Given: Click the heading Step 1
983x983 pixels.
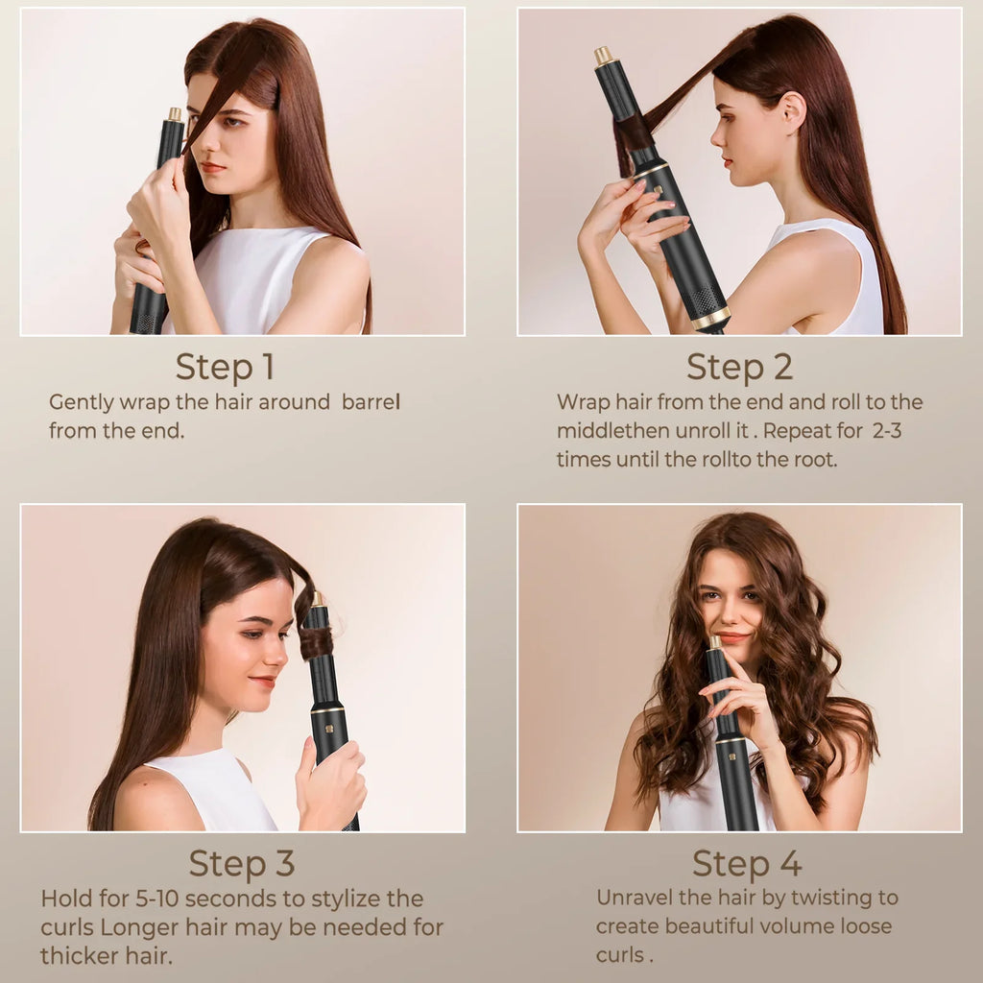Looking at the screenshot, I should coord(225,367).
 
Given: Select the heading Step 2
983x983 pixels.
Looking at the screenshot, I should coord(739,367).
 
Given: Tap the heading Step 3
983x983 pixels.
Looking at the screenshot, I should coord(241,863).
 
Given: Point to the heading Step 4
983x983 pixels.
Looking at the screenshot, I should coord(747,863).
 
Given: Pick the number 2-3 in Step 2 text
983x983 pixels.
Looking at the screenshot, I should coord(887,431).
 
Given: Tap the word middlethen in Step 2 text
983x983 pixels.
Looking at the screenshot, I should coord(608,431).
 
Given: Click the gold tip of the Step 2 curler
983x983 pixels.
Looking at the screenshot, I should coord(603,56).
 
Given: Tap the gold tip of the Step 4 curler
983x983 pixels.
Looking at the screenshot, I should coord(715,641).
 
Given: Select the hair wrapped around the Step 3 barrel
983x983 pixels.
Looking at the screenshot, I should coord(317,641).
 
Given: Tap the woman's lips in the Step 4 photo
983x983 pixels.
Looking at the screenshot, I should coord(732,637).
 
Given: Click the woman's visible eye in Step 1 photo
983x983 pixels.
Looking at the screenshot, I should coord(228,124).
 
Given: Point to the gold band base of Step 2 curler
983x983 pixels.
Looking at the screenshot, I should coord(711,318).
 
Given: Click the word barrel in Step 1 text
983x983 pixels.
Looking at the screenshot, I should coord(370,402).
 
